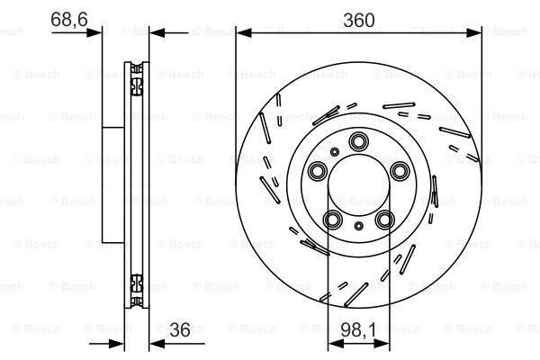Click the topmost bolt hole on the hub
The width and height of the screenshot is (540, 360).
(x=359, y=140)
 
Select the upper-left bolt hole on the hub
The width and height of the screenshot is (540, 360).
(x=318, y=171)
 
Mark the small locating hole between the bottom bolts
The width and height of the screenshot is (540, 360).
(x=359, y=227)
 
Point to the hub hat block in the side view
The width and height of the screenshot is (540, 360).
(x=112, y=184)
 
